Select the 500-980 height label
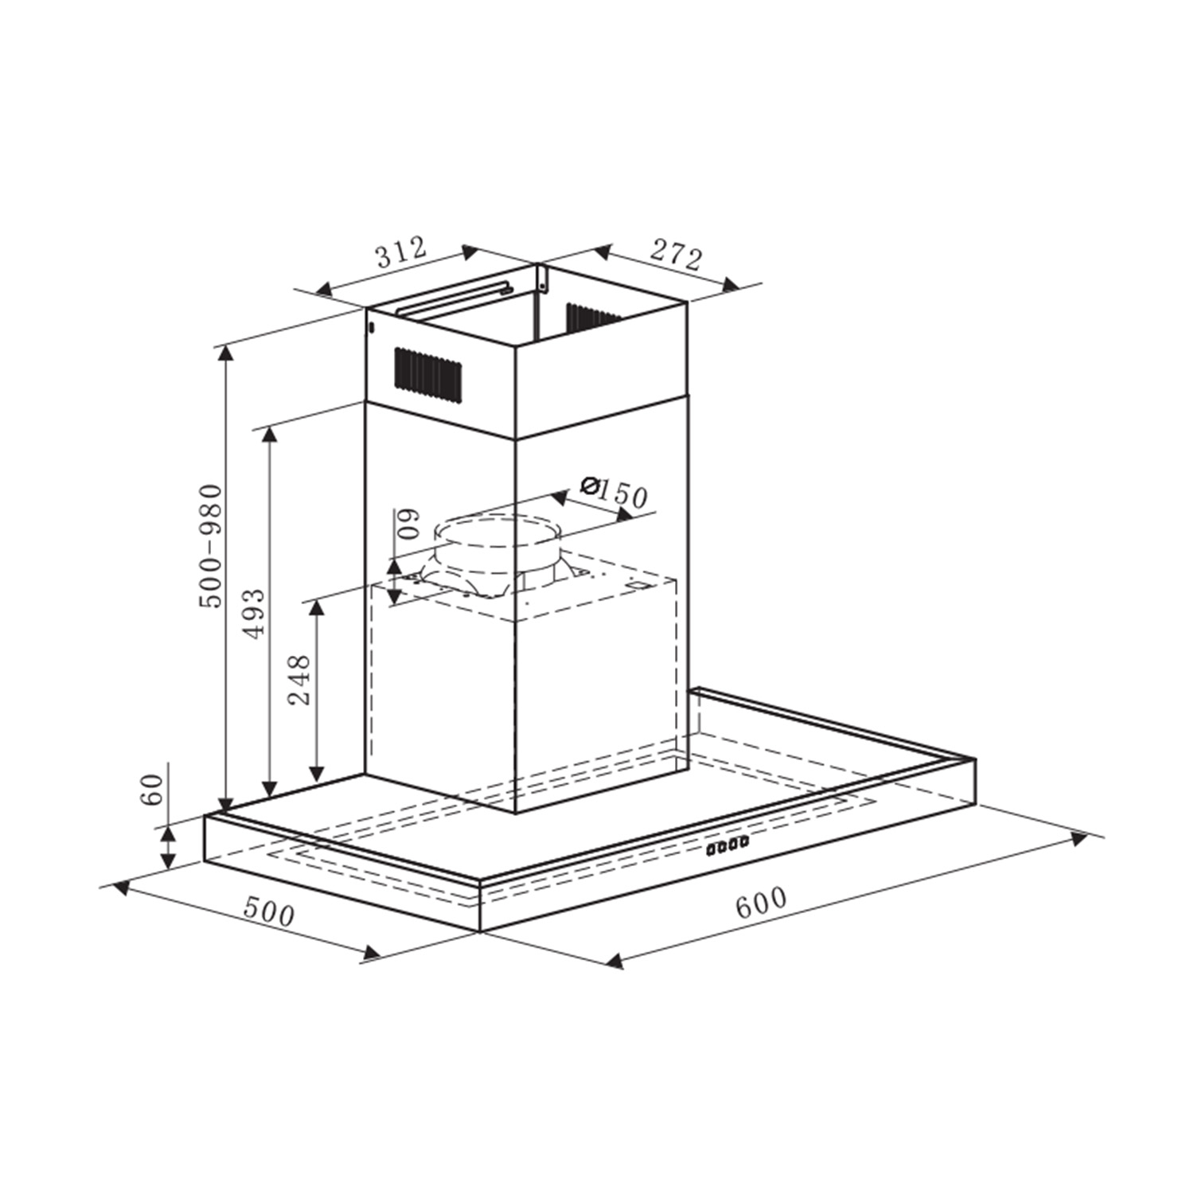[x=211, y=545]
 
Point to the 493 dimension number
[x=254, y=613]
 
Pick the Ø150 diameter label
[x=614, y=491]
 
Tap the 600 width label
[x=760, y=903]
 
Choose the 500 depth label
[x=268, y=911]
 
